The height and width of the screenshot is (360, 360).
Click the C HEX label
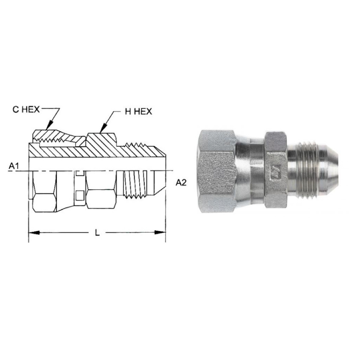(26, 110)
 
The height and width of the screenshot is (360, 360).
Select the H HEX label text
(138, 112)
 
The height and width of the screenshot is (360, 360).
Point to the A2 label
(182, 182)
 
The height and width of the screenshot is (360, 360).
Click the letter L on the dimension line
(97, 233)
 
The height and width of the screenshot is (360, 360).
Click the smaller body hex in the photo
(275, 170)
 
